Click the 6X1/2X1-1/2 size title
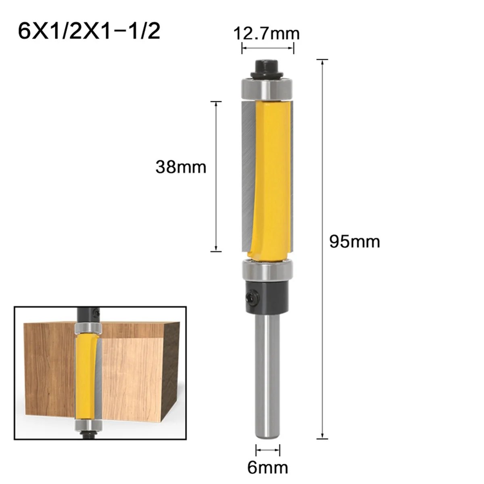coord(89,31)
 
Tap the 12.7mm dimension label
coord(267,33)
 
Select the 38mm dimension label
coord(181,167)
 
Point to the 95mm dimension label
coord(355,242)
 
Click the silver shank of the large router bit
coord(267,375)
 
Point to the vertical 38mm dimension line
coord(217,176)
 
